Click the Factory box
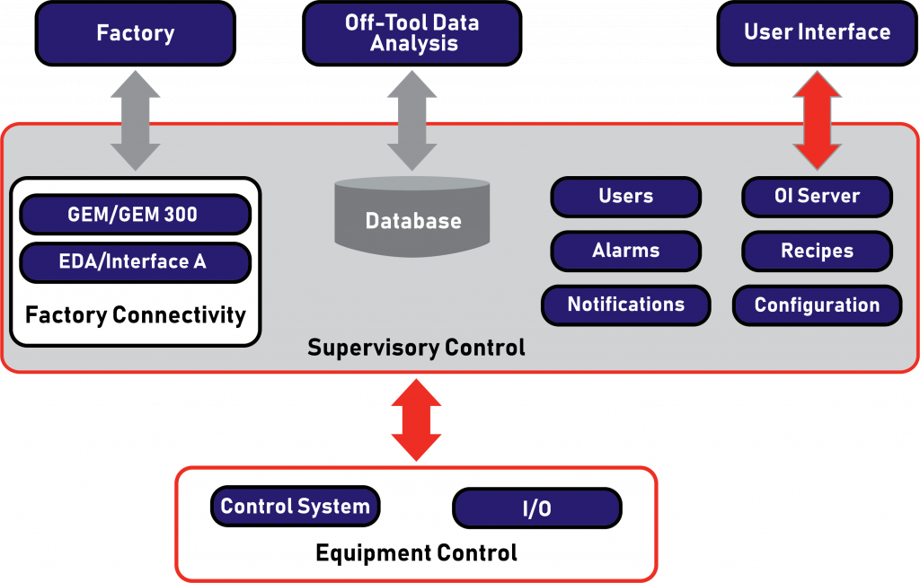[136, 33]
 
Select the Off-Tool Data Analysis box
[411, 33]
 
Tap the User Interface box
[818, 33]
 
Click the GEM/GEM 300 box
[136, 215]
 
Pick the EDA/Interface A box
[136, 262]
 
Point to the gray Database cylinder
[411, 218]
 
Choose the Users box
[626, 197]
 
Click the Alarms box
[626, 251]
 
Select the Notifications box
[626, 305]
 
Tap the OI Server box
[818, 197]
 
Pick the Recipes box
[818, 251]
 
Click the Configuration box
[818, 305]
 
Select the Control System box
[295, 506]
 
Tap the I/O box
[537, 508]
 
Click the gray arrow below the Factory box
[136, 121]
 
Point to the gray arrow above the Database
[411, 121]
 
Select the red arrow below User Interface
[818, 121]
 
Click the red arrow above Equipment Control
[416, 420]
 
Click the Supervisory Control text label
[416, 348]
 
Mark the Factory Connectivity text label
[136, 315]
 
